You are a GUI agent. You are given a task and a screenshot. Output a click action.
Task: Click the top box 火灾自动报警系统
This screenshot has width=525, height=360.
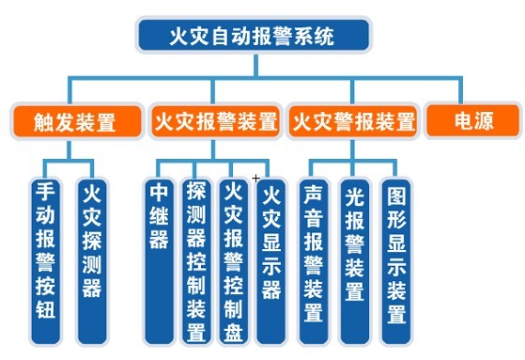254,36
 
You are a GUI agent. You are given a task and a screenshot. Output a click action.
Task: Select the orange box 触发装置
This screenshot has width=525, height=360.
75,122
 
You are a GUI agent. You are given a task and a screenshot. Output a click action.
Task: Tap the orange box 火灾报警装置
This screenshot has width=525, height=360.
215,122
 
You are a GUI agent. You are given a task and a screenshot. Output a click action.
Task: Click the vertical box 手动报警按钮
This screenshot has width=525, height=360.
45,259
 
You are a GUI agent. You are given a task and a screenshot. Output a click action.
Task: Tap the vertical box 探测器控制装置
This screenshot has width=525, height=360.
196,259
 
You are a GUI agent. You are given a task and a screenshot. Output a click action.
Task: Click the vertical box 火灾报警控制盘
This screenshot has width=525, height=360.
234,259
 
